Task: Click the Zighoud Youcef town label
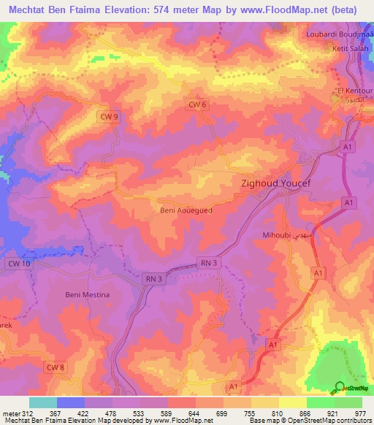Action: click(277, 185)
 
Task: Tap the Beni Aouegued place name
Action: click(186, 210)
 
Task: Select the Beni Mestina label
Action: click(83, 295)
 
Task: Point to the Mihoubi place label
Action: click(277, 236)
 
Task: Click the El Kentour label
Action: click(354, 91)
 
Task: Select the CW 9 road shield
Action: click(108, 116)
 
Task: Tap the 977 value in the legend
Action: click(359, 412)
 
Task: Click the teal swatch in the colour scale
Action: click(43, 402)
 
